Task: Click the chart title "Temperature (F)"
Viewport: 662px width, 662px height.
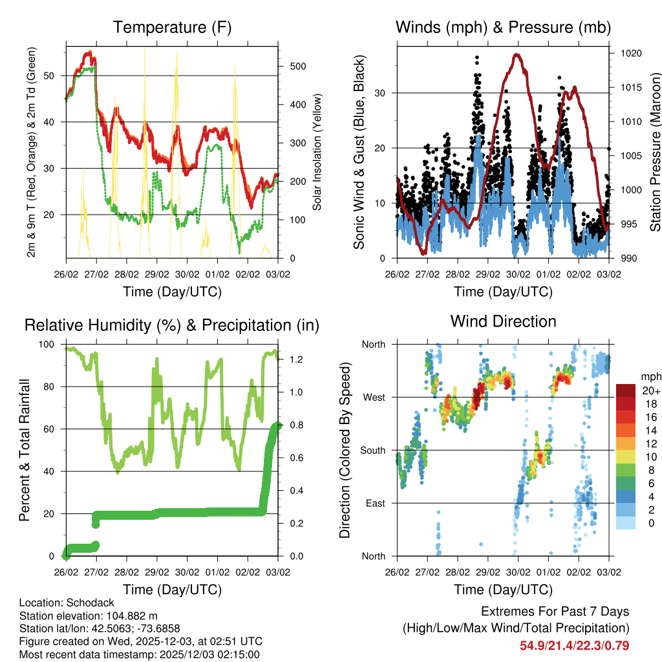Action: (x=171, y=27)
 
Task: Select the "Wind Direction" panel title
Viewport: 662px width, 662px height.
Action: (x=503, y=321)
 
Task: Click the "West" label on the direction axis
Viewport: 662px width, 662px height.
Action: (x=373, y=397)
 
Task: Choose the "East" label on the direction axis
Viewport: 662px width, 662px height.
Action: (x=374, y=503)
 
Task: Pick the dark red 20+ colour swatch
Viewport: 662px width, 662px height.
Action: (x=626, y=391)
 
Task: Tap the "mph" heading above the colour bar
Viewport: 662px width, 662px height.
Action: (x=650, y=376)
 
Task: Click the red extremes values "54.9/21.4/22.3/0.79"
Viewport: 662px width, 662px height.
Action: (x=574, y=645)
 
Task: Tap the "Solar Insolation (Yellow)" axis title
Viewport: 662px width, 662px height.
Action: (x=317, y=153)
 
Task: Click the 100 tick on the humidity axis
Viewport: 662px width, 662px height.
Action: (x=49, y=344)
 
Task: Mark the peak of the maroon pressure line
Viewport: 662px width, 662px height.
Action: (x=517, y=55)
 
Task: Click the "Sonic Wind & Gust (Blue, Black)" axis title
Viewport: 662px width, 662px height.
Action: (x=359, y=153)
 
